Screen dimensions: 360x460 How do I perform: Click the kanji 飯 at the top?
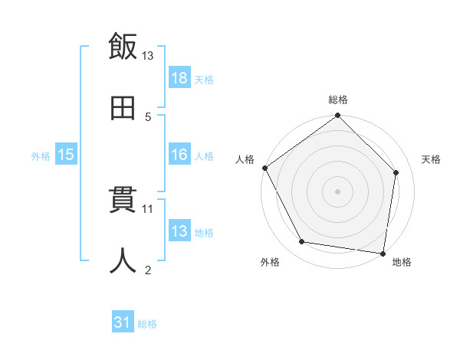point(123,47)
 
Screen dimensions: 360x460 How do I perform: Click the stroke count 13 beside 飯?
point(148,56)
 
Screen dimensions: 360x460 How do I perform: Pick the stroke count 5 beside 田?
point(148,117)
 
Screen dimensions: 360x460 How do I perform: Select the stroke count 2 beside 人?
point(148,270)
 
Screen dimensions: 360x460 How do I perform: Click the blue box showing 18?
point(179,78)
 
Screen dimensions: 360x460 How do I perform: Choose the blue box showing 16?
point(179,155)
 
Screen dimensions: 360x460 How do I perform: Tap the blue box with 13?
point(179,231)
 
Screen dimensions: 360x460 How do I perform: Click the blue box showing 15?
point(66,155)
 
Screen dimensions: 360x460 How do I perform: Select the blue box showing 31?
point(123,323)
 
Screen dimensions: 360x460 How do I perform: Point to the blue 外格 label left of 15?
point(41,156)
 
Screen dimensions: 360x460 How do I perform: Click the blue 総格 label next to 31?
point(147,324)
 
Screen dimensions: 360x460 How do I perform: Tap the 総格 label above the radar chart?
point(338,100)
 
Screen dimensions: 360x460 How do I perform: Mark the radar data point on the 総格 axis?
point(338,116)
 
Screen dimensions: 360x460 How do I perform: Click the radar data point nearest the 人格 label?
point(264,168)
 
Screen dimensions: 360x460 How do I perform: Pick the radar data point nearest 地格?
point(383,253)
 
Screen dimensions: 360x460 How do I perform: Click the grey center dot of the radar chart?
point(338,191)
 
